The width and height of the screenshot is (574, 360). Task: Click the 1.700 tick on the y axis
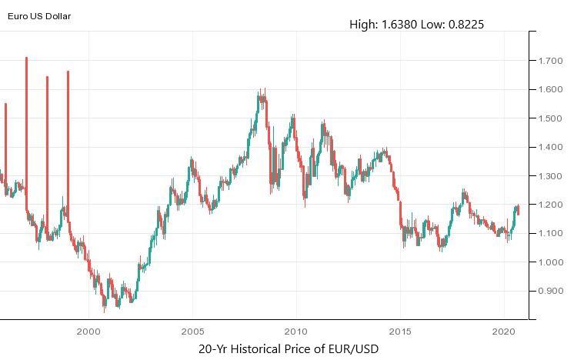click(x=551, y=61)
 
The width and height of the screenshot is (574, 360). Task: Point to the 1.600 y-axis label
click(x=551, y=89)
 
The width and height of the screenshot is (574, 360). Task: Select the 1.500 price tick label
click(x=551, y=118)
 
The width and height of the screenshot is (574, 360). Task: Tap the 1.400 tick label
click(x=551, y=147)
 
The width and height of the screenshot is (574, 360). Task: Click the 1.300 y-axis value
click(x=551, y=176)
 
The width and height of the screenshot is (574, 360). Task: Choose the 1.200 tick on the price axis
click(x=551, y=205)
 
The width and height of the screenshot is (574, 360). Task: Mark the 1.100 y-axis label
click(x=551, y=234)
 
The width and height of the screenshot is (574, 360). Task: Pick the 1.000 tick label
click(x=551, y=262)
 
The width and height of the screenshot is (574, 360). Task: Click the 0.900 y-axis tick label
click(x=551, y=292)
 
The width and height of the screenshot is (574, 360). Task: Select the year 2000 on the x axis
click(x=89, y=332)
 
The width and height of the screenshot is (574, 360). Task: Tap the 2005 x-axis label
click(x=192, y=332)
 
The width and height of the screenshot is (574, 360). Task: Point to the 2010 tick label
click(x=296, y=332)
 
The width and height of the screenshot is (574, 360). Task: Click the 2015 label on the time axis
click(x=400, y=332)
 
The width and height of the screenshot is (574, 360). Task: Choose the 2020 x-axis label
click(x=504, y=332)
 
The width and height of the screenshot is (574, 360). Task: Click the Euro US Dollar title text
click(x=39, y=15)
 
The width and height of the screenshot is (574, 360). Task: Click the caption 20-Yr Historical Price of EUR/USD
click(x=288, y=349)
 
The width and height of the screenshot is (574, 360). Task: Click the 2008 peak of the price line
click(x=262, y=92)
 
